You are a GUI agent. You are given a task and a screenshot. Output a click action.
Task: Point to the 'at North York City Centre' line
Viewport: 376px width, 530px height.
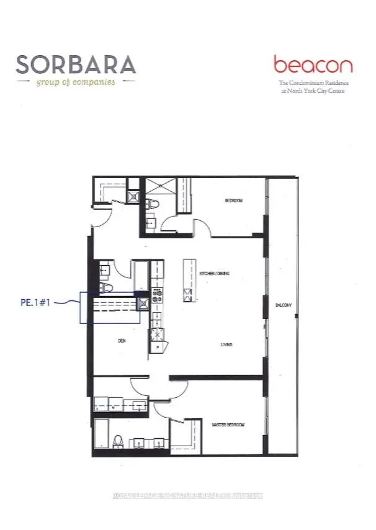313,91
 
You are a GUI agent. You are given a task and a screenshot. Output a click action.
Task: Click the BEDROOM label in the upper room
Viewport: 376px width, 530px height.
233,200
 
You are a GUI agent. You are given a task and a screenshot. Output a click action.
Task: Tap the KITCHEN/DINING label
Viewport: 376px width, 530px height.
214,273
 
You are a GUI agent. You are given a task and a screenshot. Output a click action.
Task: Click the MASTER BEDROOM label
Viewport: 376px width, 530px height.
227,425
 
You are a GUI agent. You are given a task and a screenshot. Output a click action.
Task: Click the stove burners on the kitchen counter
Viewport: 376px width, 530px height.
157,295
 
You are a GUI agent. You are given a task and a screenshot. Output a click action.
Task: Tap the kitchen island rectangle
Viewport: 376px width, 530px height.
187,280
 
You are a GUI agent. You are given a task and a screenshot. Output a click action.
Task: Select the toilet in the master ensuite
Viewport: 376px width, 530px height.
118,441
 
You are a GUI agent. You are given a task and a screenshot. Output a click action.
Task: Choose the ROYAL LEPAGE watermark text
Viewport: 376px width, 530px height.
188,496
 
